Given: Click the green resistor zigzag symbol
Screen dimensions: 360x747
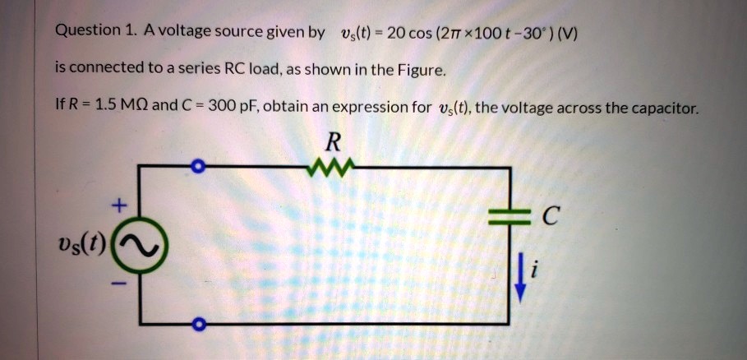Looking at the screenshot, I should pyautogui.click(x=330, y=167).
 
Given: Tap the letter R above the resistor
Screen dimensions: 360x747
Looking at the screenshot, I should pyautogui.click(x=331, y=142).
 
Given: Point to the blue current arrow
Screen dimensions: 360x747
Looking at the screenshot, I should pyautogui.click(x=519, y=279).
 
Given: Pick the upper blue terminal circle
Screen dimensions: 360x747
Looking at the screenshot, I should pyautogui.click(x=196, y=168).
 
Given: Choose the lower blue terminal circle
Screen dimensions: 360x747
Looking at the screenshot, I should pyautogui.click(x=196, y=325).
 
